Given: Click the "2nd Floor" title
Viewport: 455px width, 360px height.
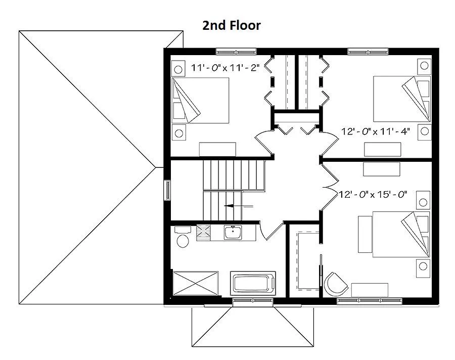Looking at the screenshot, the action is coord(231,26).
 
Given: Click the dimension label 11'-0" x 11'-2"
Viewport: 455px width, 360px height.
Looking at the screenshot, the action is coord(225,68).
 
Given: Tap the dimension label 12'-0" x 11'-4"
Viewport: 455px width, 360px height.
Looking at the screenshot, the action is coord(375,131).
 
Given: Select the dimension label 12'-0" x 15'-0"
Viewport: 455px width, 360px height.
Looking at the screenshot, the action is coord(373,194).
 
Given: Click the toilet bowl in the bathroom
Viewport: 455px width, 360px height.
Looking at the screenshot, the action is coord(183,241).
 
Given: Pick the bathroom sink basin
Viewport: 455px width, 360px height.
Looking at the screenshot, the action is coord(233,232).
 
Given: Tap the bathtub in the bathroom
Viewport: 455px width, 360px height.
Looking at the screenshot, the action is coord(253,284).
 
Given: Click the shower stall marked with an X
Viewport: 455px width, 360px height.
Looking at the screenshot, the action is coord(196,283).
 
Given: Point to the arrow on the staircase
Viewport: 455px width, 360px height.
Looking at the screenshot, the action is coord(239,206).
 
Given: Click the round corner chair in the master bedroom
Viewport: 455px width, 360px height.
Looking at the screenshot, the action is coord(335,284).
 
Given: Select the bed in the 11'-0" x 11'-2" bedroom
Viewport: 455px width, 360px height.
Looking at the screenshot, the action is coord(200,100).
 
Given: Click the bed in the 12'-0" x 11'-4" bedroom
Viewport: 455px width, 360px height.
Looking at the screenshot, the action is coord(402,99).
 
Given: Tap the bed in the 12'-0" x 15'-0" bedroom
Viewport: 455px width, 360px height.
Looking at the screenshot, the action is coord(401,234).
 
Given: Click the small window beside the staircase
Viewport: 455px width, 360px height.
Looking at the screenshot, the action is coord(167,190).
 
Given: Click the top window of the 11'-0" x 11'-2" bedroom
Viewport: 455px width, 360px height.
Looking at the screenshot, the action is coord(236,52).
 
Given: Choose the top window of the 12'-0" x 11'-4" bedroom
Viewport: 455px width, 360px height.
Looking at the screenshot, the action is coord(368,52).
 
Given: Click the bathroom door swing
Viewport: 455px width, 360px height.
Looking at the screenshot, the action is coord(271,231).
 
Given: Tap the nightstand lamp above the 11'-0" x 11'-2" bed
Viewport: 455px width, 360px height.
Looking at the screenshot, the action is coord(178,69).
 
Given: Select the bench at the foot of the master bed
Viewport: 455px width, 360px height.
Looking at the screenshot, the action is coord(366,234).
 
